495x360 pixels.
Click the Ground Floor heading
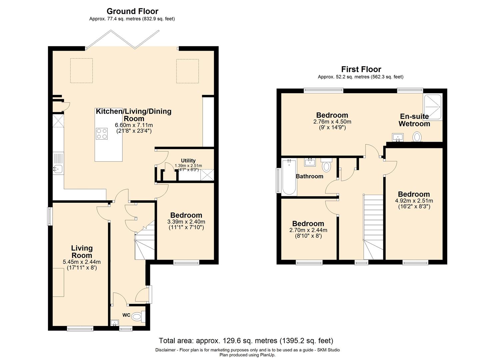click(132, 11)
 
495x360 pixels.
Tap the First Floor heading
click(361, 69)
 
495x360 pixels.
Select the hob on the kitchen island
click(102, 134)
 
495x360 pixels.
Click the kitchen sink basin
click(58, 169)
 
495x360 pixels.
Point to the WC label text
click(126, 315)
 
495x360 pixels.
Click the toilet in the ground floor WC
click(139, 316)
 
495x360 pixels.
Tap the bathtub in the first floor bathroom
click(289, 177)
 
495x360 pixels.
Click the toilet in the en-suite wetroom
click(417, 137)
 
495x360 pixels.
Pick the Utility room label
click(188, 161)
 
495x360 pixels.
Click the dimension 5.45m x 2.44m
click(82, 262)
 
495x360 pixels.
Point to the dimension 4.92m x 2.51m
click(414, 201)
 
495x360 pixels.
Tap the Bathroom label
click(309, 176)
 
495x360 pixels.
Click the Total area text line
click(246, 341)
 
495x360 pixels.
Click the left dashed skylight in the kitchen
click(82, 71)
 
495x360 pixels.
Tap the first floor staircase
click(373, 227)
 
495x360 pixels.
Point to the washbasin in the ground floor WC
click(114, 323)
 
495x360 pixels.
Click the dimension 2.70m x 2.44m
click(308, 230)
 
